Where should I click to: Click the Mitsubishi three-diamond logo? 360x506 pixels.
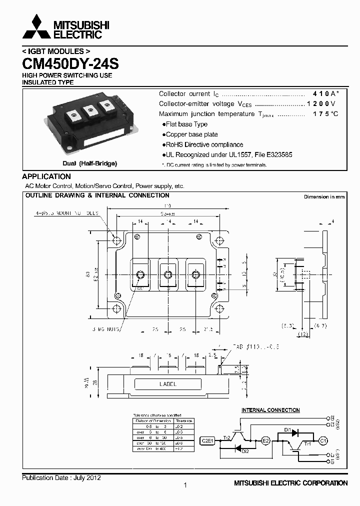click(36, 27)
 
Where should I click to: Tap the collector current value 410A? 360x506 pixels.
click(325, 94)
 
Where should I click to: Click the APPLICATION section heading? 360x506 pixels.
click(46, 176)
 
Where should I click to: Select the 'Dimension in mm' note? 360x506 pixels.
click(324, 197)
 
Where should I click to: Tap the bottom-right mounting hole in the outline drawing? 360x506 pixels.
click(218, 308)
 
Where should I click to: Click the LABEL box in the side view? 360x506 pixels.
click(168, 384)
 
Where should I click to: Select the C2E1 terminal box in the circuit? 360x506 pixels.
click(207, 441)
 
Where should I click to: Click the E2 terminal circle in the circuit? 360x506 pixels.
click(266, 441)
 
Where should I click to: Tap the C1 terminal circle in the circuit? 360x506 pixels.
click(323, 440)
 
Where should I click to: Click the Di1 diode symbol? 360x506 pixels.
click(295, 432)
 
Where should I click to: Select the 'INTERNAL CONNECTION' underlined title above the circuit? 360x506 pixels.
click(270, 410)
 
